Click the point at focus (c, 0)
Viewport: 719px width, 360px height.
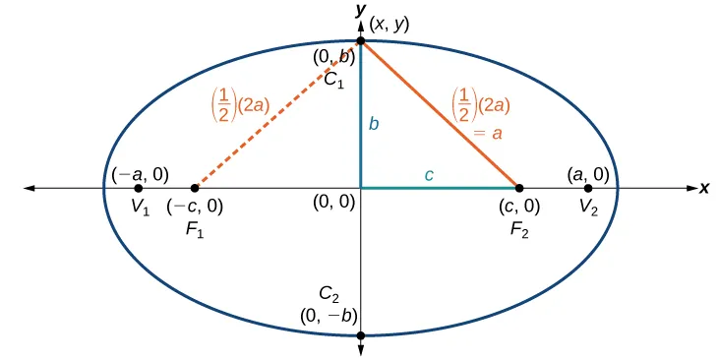(519, 187)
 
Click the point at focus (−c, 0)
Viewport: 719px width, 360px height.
(195, 187)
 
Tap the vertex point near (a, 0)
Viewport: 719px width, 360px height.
(588, 187)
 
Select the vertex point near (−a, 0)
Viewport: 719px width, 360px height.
(138, 187)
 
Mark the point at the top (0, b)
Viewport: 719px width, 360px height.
(361, 40)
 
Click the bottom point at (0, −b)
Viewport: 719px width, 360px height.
(361, 335)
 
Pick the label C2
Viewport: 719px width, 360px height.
(330, 293)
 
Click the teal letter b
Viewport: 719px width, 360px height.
(374, 124)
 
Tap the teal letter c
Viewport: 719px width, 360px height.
(428, 175)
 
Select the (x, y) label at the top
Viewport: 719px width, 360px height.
(391, 21)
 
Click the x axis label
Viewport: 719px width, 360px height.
(704, 187)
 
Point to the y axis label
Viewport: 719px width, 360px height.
(362, 9)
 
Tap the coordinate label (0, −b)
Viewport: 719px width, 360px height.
(328, 315)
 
